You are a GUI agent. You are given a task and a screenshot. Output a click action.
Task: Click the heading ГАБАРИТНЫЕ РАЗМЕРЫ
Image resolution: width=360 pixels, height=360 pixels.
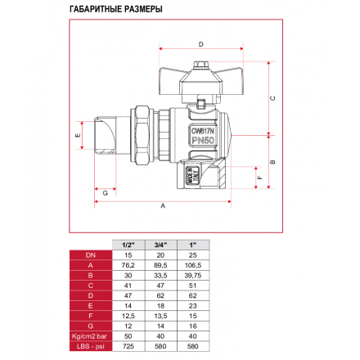(x=116, y=9)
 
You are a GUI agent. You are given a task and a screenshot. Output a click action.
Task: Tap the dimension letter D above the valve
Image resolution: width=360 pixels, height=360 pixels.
(x=201, y=44)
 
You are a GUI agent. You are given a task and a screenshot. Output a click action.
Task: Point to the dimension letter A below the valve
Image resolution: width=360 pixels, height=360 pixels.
(x=163, y=206)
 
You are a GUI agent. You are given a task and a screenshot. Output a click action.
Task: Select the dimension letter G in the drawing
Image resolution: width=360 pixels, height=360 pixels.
(x=106, y=193)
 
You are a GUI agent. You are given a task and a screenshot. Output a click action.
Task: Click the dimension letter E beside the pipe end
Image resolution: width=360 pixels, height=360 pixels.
(x=78, y=135)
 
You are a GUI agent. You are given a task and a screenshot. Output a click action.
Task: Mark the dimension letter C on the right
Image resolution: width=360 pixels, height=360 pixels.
(x=272, y=98)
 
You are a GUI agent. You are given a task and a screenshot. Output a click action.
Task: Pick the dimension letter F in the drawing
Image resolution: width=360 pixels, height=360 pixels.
(x=260, y=178)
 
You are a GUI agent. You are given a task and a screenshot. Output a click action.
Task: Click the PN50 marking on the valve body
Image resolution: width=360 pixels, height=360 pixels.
(x=203, y=140)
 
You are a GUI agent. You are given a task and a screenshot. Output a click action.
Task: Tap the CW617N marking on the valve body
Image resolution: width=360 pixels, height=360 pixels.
(x=203, y=131)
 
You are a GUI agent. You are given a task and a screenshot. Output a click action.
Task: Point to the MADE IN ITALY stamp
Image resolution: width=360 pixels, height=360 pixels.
(x=192, y=175)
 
